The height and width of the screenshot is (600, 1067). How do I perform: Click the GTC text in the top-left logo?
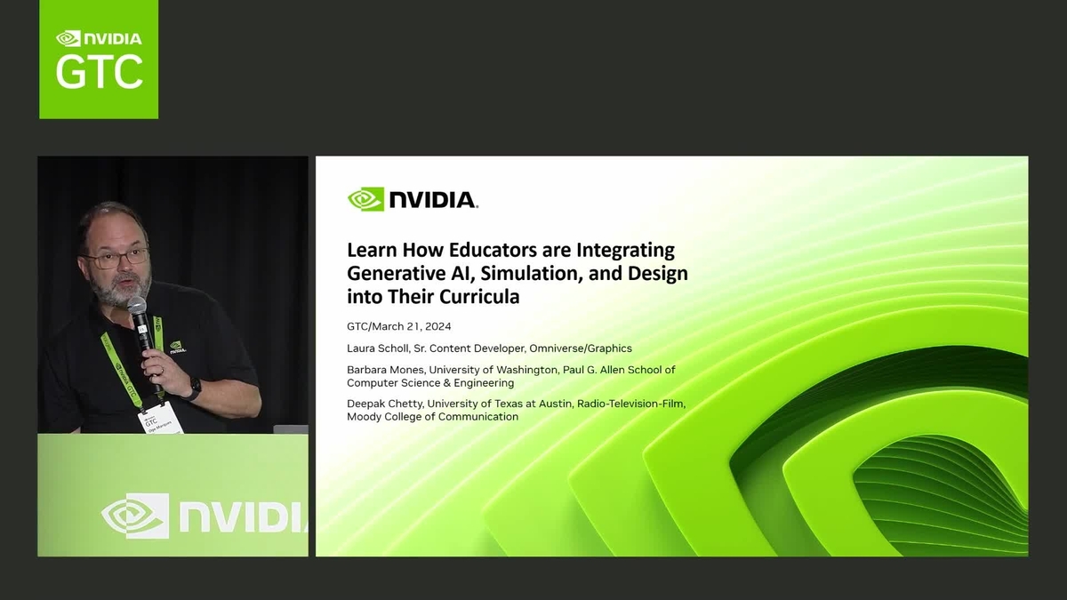pos(99,70)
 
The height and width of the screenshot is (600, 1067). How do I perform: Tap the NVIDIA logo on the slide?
pos(413,199)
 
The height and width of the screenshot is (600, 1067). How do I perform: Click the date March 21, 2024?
pos(413,326)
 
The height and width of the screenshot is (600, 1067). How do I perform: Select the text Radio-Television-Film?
pos(630,404)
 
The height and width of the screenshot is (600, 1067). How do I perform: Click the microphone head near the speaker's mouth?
pos(136,307)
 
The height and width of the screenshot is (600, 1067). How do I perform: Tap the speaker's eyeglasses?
pos(116,259)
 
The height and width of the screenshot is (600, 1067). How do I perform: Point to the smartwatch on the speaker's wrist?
pos(194,388)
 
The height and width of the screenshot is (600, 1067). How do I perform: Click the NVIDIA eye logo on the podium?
pos(134,516)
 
